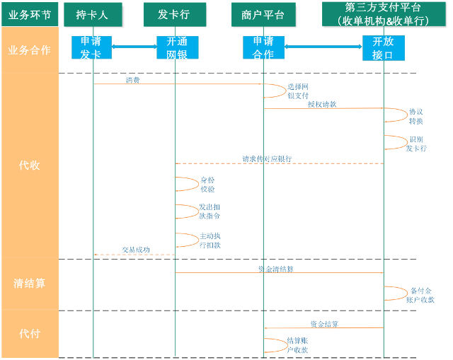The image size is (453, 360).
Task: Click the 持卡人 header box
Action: click(92, 14)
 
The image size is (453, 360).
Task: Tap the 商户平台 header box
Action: click(263, 14)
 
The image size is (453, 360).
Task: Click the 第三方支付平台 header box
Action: click(386, 14)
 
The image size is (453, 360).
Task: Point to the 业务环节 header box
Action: click(30, 14)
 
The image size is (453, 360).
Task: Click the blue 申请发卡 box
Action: click(91, 47)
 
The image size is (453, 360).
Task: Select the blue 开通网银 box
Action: click(177, 47)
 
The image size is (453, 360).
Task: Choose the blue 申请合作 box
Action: click(263, 47)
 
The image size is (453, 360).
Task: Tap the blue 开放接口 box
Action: click(383, 47)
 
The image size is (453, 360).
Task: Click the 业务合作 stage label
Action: click(30, 50)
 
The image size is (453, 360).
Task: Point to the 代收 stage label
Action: click(30, 166)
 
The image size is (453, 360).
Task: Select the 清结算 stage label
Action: click(30, 283)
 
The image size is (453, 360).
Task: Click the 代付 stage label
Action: click(30, 332)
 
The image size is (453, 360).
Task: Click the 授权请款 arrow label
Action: click(322, 104)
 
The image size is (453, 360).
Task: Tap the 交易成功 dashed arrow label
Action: click(135, 250)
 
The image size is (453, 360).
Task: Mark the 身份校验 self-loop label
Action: click(207, 185)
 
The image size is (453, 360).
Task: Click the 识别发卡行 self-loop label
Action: click(418, 144)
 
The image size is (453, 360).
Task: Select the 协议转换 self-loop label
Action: click(416, 116)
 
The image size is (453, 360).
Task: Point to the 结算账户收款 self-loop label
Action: click(297, 345)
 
